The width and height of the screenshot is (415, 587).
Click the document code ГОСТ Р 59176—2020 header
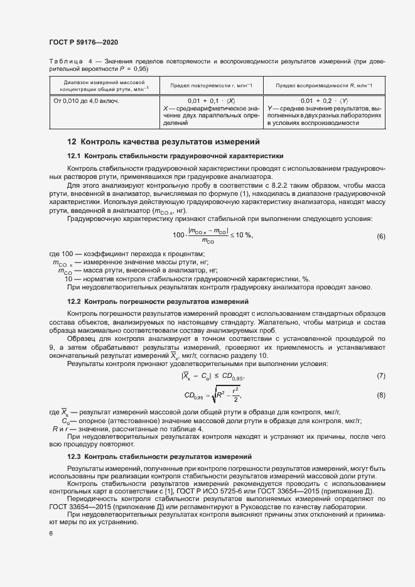point(84,42)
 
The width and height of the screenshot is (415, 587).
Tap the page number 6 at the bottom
point(51,533)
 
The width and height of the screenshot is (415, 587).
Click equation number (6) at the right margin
point(380,236)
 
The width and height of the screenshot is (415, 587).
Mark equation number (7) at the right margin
point(380,376)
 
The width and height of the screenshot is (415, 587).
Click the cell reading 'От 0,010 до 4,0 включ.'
point(86,100)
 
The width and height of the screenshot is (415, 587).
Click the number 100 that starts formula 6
point(178,235)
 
